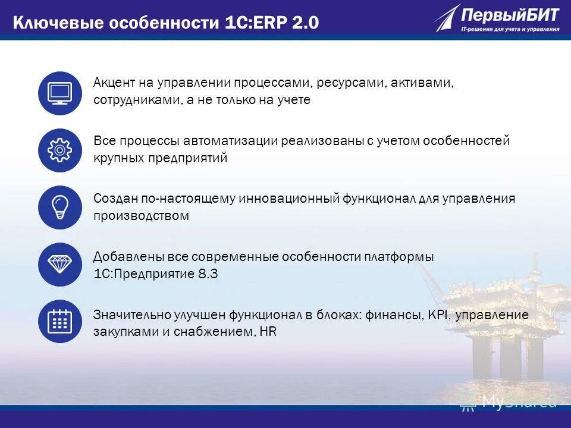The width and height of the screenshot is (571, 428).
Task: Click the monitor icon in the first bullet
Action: point(59,93)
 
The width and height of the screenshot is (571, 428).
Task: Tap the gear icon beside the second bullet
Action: point(59,150)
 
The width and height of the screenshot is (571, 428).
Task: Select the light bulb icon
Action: point(59,207)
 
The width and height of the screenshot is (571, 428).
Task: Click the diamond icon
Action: point(59,265)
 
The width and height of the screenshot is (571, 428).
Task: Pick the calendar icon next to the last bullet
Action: point(59,322)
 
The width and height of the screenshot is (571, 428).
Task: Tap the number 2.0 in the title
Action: point(305,23)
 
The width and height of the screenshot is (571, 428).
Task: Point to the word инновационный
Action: point(289,198)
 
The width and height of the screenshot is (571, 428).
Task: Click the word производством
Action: point(141,216)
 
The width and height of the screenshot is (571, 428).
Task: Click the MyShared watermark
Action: point(512,401)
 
